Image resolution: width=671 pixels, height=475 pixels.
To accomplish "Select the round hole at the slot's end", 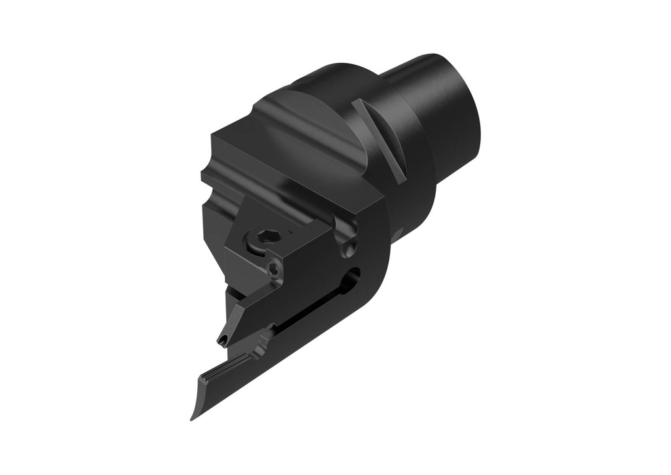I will point(354,275).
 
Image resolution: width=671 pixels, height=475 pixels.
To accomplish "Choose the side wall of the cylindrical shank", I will point(432,92).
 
